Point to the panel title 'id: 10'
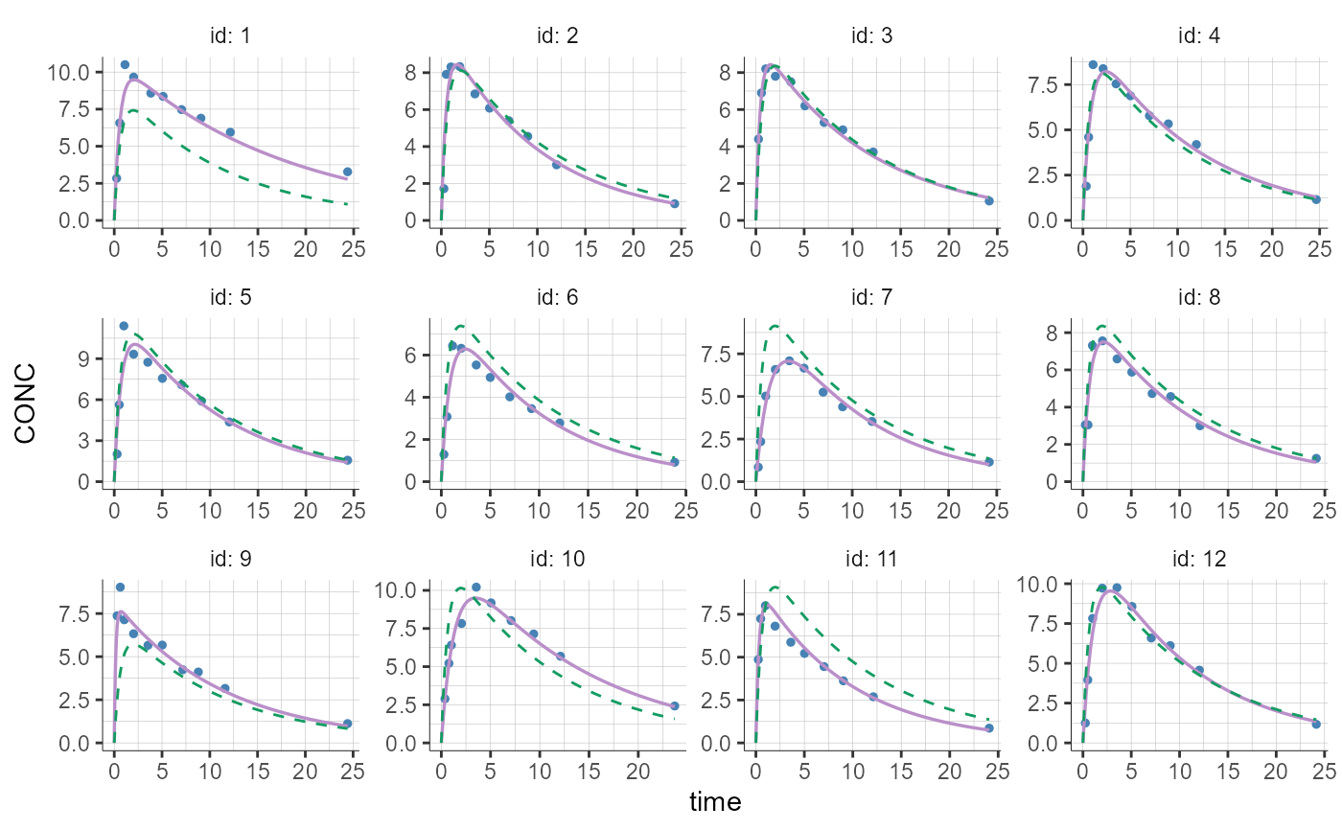pos(557,560)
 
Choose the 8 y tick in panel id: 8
pos(1050,334)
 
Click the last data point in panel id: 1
pos(348,172)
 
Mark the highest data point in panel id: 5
pos(124,326)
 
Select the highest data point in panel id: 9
pos(120,587)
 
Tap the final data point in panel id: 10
pos(674,705)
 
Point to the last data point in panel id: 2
pos(675,203)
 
